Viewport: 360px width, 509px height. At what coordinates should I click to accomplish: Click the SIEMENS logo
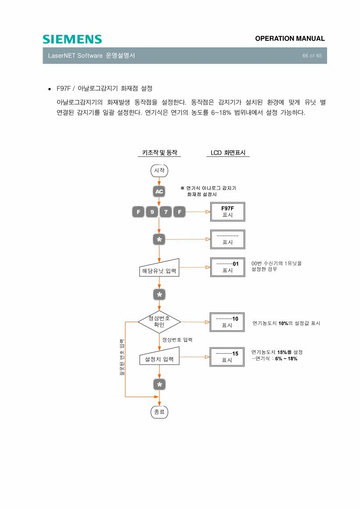click(72, 39)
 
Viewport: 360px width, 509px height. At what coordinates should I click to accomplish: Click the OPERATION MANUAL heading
click(290, 38)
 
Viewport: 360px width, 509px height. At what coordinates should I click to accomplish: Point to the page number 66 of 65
click(312, 56)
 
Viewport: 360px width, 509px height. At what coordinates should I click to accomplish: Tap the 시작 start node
click(159, 170)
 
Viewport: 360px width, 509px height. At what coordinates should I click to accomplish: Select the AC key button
click(159, 191)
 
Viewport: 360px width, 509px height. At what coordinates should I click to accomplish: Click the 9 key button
click(152, 212)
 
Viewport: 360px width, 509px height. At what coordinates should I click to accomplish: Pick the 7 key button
click(166, 212)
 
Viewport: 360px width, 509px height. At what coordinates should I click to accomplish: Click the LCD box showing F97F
click(227, 211)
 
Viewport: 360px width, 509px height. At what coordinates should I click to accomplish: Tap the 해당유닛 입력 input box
click(159, 268)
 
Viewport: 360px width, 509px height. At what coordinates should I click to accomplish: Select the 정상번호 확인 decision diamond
click(159, 322)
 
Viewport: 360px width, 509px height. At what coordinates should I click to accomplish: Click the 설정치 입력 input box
click(159, 356)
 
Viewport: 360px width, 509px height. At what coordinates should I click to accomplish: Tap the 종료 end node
click(159, 412)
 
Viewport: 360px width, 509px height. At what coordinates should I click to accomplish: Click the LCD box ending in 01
click(227, 267)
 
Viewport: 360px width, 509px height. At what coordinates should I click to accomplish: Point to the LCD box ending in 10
click(227, 322)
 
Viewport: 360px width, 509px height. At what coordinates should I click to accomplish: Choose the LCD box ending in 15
click(227, 357)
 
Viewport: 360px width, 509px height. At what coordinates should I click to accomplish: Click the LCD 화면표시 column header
click(228, 153)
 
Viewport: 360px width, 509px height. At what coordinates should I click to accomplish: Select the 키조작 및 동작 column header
click(159, 153)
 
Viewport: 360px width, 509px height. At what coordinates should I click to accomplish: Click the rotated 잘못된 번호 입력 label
click(122, 358)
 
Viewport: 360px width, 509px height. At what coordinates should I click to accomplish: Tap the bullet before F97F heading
click(49, 89)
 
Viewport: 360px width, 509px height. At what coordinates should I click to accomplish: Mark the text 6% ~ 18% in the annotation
click(286, 358)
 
